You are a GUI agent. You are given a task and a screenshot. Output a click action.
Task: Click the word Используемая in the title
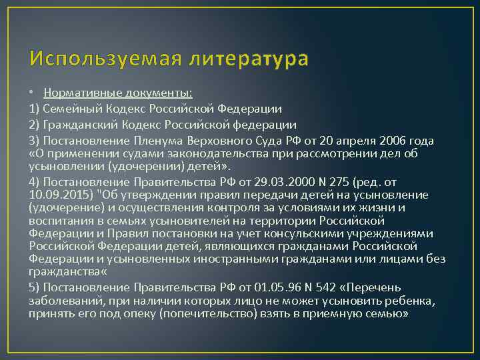96,59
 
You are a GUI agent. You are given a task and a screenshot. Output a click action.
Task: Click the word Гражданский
82,125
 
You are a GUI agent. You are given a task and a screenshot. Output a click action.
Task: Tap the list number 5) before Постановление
35,287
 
